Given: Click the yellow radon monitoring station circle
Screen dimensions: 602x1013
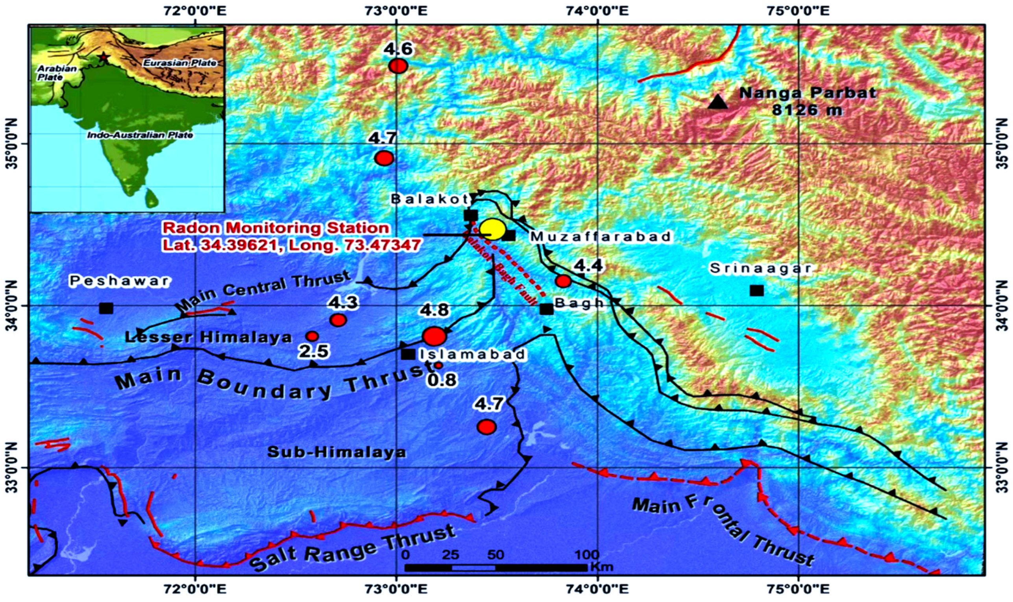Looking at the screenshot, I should pyautogui.click(x=492, y=229).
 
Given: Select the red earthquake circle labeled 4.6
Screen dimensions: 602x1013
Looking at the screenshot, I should pyautogui.click(x=397, y=66).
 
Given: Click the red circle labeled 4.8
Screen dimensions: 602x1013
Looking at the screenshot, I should pyautogui.click(x=434, y=336).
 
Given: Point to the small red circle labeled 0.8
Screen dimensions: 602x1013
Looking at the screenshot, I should pyautogui.click(x=438, y=366).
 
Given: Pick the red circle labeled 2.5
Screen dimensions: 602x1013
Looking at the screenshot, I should pyautogui.click(x=312, y=336).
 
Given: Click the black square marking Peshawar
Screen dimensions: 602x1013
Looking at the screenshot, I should pyautogui.click(x=106, y=308).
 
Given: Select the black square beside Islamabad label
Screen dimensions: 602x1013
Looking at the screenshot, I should pyautogui.click(x=408, y=354).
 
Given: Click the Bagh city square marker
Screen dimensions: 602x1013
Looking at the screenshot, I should pyautogui.click(x=547, y=309).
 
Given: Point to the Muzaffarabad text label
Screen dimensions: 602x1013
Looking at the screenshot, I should pyautogui.click(x=601, y=237).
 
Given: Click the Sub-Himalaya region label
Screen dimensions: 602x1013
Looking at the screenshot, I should pyautogui.click(x=336, y=453).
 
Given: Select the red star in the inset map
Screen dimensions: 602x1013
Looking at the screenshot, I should pyautogui.click(x=104, y=57).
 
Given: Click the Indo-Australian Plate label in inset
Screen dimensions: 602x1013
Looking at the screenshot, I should pyautogui.click(x=140, y=135).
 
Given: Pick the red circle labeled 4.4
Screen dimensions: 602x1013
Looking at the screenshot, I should pyautogui.click(x=564, y=281).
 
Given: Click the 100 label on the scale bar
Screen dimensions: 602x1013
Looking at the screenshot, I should pyautogui.click(x=587, y=555).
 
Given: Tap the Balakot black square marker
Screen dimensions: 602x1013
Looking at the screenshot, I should pyautogui.click(x=471, y=215).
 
